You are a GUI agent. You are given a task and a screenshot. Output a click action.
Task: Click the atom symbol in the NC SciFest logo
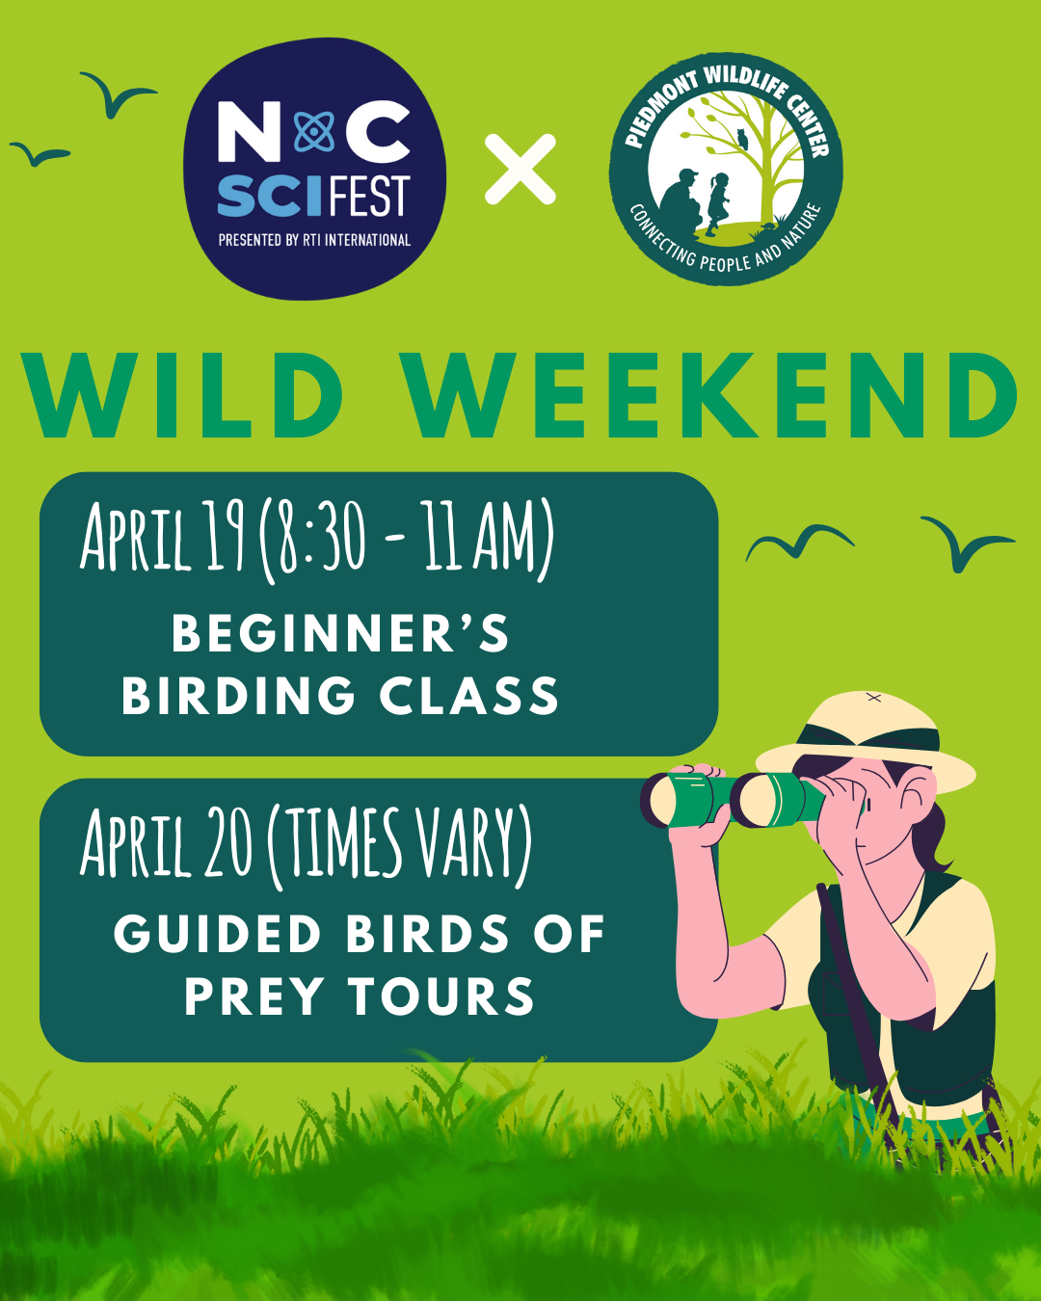point(314,132)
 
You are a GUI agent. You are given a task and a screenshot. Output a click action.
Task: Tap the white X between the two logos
point(520,170)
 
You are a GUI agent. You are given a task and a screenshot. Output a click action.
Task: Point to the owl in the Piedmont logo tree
point(743,139)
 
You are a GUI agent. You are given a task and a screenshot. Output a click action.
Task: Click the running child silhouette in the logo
point(718,203)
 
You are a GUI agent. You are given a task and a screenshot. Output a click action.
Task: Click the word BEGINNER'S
point(340,633)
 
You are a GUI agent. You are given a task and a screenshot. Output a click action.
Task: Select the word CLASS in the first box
point(468,695)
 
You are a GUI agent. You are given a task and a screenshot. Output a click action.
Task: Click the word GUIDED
point(217,934)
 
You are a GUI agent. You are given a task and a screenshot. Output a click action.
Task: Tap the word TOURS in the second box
point(442,996)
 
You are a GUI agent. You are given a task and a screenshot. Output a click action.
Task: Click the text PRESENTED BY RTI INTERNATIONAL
point(314,240)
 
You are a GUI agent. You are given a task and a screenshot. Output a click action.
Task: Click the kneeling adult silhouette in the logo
point(682,199)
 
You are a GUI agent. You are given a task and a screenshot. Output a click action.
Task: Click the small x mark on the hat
point(873,698)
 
